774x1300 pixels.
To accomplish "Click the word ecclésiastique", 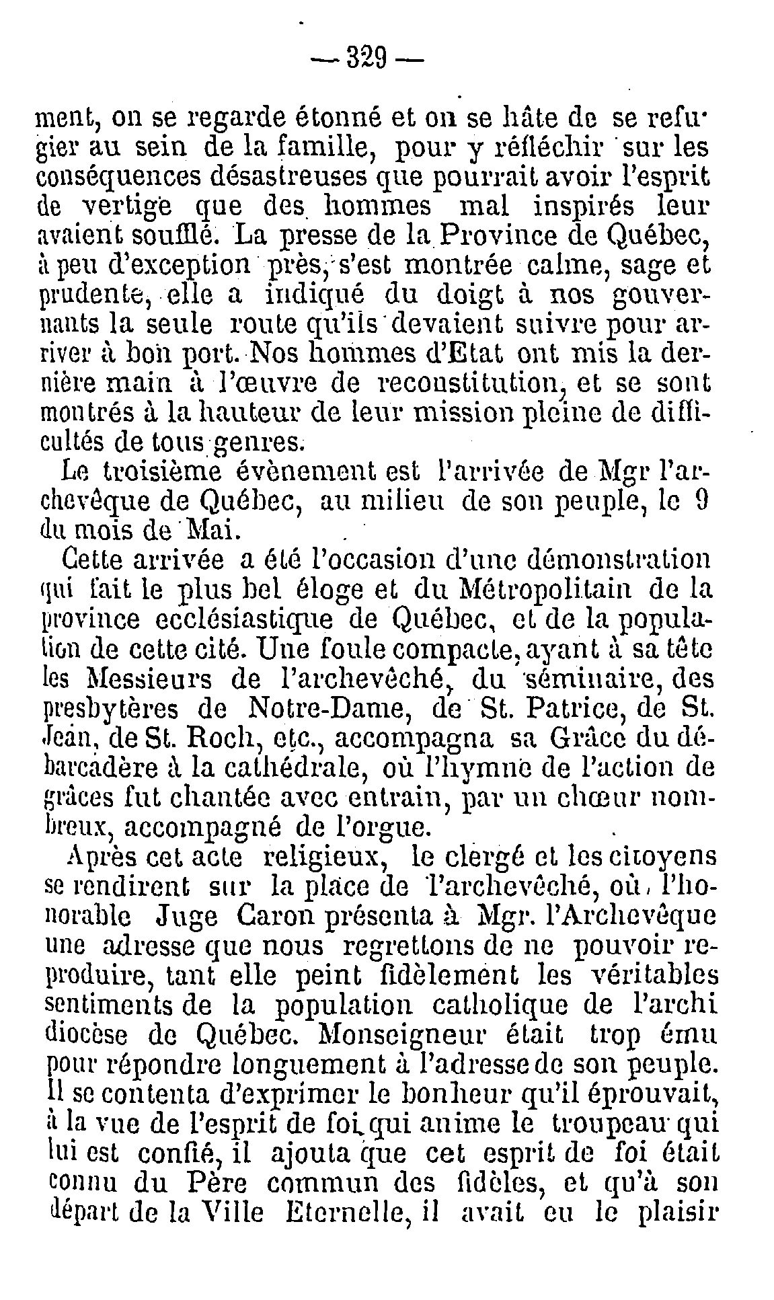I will pos(233,617).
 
